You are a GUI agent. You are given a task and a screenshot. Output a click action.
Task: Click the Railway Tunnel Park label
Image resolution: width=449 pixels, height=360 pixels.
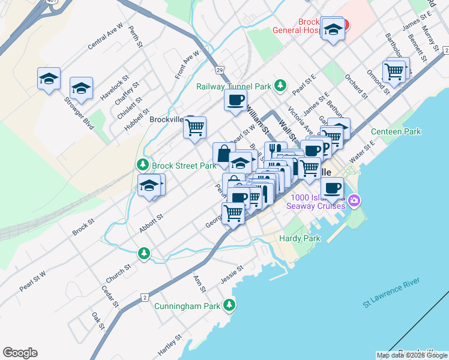234,86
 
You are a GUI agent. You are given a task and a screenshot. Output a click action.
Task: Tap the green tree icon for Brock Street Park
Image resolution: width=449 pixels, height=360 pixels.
142,164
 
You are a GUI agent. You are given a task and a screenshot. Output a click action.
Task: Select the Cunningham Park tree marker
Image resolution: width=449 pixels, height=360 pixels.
229,305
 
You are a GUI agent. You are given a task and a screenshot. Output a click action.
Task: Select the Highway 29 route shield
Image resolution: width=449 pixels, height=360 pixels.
220,70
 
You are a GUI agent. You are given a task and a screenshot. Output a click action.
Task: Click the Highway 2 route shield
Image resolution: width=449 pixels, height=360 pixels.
145,298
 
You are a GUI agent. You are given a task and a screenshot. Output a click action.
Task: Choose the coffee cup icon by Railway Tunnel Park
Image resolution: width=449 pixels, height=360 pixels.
235,100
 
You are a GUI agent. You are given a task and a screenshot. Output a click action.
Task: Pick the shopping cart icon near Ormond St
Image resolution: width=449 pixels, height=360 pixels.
394,71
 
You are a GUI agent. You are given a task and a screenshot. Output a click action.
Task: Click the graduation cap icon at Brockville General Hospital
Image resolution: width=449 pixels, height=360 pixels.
333,29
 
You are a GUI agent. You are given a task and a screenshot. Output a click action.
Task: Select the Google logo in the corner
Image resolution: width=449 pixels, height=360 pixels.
20,353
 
